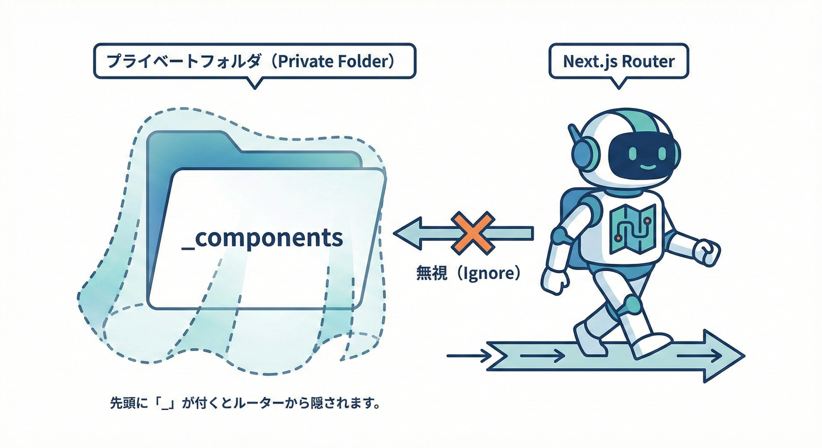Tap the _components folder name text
point(262,238)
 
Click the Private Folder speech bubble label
point(254,61)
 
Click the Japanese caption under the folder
point(245,403)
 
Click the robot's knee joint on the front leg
point(631,303)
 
